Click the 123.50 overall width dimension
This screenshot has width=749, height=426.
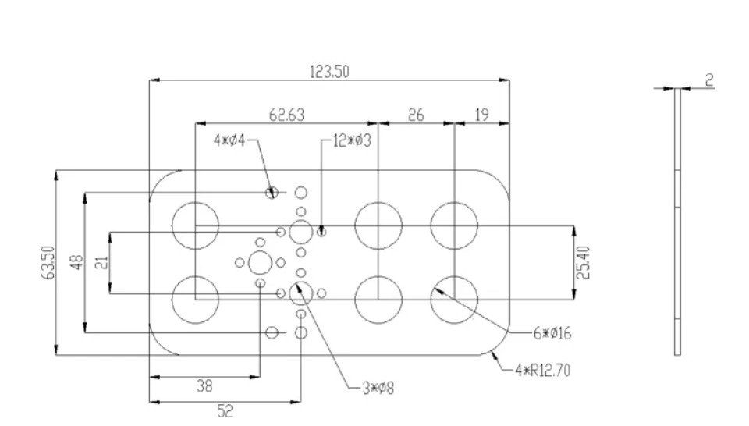[x=329, y=72]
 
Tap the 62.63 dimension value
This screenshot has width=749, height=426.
[x=286, y=115]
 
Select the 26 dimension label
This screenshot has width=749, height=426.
[x=416, y=115]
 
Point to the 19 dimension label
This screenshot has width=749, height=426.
[x=481, y=115]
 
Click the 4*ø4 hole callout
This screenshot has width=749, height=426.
[x=229, y=140]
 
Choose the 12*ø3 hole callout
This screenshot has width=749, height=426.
[x=352, y=141]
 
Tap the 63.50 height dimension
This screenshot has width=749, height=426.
[x=50, y=263]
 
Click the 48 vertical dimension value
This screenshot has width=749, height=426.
[x=77, y=263]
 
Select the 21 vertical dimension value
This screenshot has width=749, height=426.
[x=102, y=263]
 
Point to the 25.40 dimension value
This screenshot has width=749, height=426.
[x=584, y=263]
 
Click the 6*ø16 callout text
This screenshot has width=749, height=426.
[x=552, y=333]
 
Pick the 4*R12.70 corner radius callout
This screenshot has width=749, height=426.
[x=543, y=371]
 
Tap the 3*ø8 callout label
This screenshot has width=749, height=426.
[x=378, y=389]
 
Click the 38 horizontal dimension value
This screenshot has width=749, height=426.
[x=204, y=386]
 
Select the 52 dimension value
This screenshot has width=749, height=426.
[x=225, y=410]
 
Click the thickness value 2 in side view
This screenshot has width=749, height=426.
[x=709, y=80]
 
